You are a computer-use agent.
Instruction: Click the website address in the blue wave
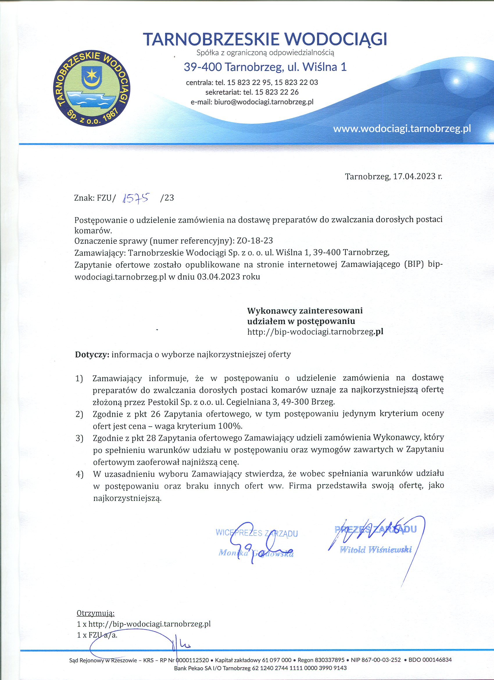pyautogui.click(x=402, y=128)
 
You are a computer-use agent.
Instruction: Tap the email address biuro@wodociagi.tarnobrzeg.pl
pyautogui.click(x=264, y=102)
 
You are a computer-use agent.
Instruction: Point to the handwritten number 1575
pyautogui.click(x=136, y=198)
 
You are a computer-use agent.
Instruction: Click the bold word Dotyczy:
pyautogui.click(x=92, y=354)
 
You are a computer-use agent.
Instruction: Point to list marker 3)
pyautogui.click(x=79, y=438)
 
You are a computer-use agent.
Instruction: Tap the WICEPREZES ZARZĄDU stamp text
pyautogui.click(x=257, y=533)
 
